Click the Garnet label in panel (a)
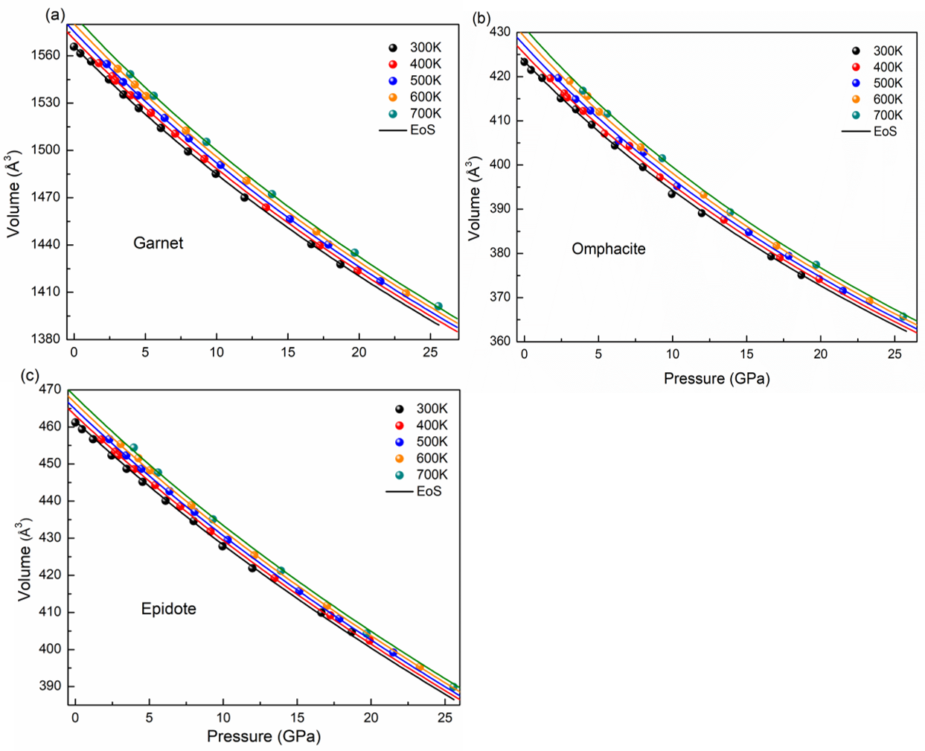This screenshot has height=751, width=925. click(x=158, y=243)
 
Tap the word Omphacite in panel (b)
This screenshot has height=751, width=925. click(x=608, y=249)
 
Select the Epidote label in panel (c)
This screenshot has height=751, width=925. click(x=168, y=608)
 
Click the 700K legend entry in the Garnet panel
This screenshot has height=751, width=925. click(x=415, y=113)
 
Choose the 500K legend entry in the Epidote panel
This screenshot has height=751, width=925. click(x=421, y=441)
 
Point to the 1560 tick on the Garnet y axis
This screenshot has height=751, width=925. click(x=45, y=55)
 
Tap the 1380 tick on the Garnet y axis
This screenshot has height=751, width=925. click(x=45, y=339)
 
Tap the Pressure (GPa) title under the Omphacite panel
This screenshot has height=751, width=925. click(x=716, y=378)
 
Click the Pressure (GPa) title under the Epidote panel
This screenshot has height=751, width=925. click(x=263, y=736)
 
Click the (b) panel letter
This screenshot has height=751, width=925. click(x=481, y=17)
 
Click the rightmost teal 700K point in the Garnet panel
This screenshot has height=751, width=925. click(x=438, y=306)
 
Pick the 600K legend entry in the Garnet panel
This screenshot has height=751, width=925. click(x=415, y=97)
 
